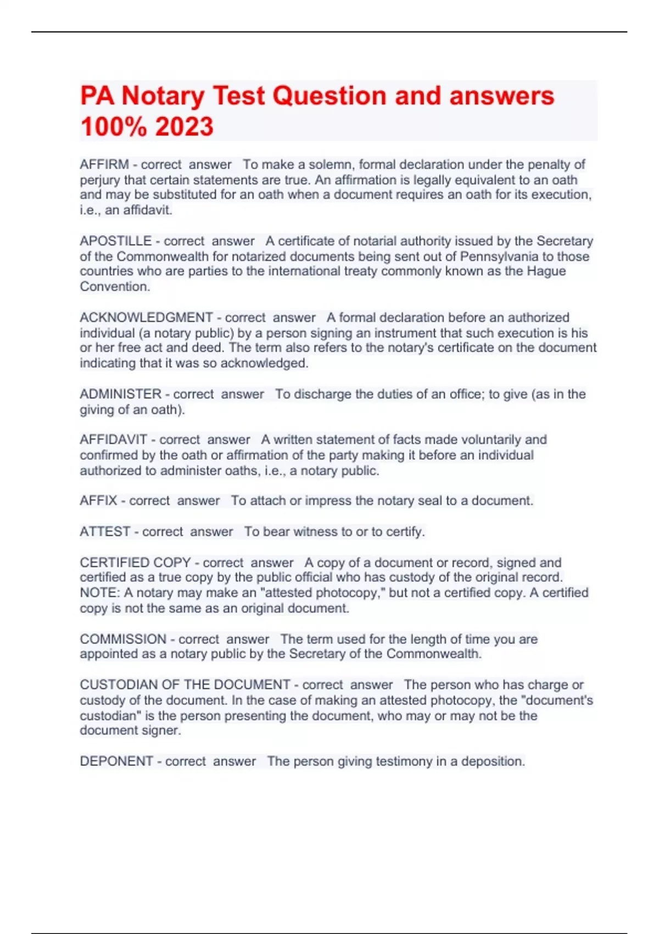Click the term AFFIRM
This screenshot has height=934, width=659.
click(104, 164)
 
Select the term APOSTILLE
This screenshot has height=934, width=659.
click(115, 241)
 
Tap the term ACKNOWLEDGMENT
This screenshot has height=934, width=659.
click(146, 318)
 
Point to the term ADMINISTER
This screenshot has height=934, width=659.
click(121, 394)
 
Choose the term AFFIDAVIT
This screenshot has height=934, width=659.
click(113, 440)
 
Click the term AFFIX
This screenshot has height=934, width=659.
click(98, 501)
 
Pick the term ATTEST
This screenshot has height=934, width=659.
click(105, 531)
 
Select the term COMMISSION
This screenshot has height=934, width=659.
click(123, 639)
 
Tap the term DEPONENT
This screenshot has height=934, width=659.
click(116, 761)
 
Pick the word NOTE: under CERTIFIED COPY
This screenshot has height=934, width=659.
click(99, 593)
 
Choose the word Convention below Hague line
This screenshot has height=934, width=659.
click(114, 286)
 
